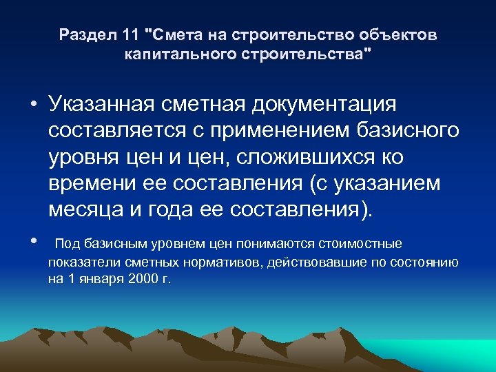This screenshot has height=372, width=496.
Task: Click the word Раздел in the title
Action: click(84, 34)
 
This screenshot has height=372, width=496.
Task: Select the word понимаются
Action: click(271, 243)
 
